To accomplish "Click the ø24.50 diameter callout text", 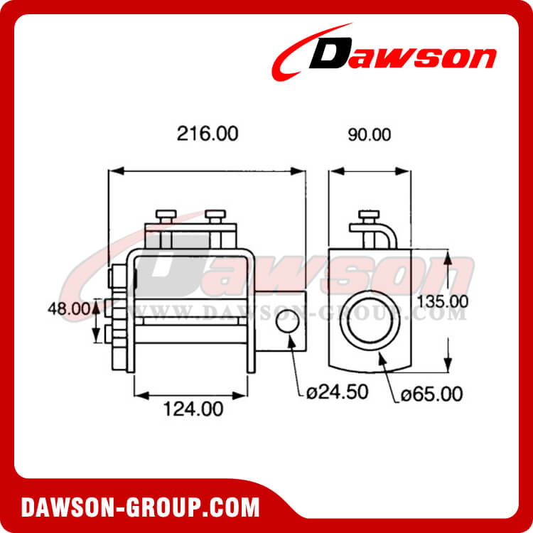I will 338,392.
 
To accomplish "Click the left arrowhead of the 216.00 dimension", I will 112,171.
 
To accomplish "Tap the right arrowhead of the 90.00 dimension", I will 406,171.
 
